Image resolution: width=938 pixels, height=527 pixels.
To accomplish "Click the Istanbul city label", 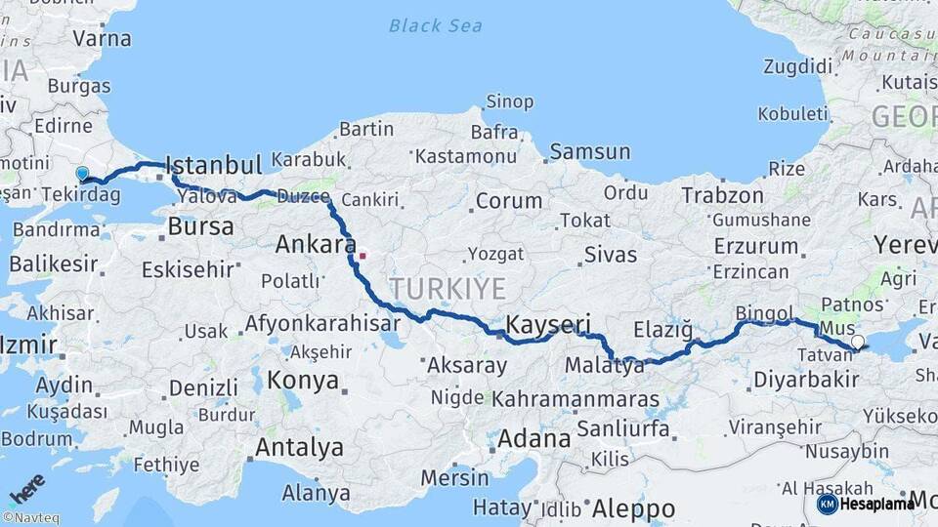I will click(x=214, y=164).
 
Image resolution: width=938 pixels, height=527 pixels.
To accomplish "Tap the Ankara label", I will click(x=315, y=244).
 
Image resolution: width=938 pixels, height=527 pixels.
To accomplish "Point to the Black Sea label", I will click(x=435, y=25).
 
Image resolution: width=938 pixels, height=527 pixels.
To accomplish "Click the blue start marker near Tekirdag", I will click(x=82, y=174).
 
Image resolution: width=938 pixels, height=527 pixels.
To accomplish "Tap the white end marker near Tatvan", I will click(x=858, y=343).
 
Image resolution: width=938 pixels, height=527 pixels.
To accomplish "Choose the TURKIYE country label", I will click(x=448, y=288).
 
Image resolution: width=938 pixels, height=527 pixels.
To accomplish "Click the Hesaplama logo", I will click(x=867, y=504).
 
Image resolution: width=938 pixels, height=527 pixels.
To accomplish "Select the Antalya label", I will click(x=299, y=448).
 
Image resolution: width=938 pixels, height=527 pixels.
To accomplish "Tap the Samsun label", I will click(x=589, y=151).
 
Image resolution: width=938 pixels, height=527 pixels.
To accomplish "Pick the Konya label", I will click(x=303, y=380).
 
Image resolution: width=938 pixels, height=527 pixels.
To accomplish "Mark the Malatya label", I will click(x=605, y=367).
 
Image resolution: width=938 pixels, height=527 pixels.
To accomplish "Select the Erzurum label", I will click(x=756, y=246).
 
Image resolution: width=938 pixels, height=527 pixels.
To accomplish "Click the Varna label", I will click(x=103, y=39).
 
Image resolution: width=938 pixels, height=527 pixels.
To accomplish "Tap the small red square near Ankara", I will click(x=362, y=257).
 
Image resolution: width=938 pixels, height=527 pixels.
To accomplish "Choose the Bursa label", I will click(x=200, y=227).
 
